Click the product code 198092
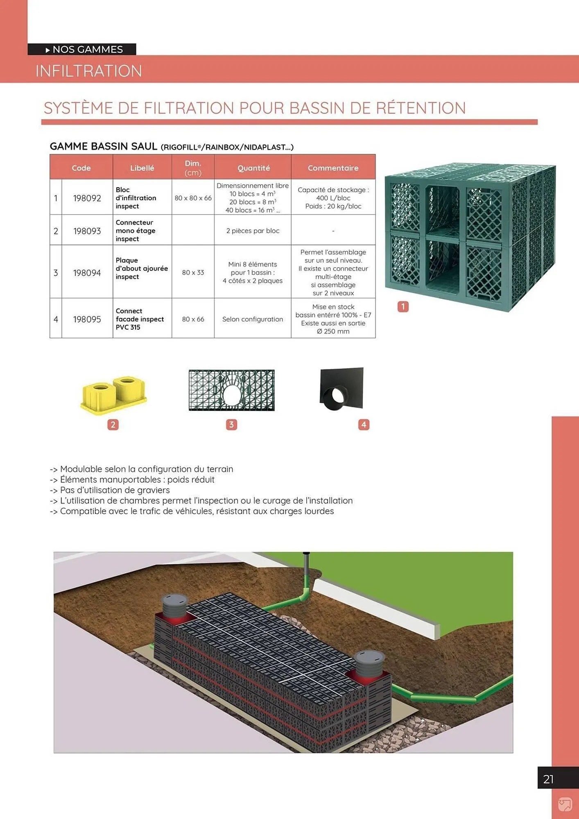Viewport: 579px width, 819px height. (x=87, y=198)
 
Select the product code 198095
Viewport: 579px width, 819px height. (x=87, y=319)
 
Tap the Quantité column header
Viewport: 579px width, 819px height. (x=253, y=168)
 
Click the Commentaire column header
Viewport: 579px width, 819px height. (x=333, y=168)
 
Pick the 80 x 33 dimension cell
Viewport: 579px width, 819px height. (x=193, y=273)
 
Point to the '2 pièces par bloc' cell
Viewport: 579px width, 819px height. (x=253, y=231)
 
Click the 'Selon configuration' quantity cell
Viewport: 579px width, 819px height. (x=253, y=319)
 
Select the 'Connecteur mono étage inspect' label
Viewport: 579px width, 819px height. (x=135, y=231)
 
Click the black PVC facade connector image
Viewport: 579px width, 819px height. (x=341, y=388)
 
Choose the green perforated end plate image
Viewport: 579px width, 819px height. (x=231, y=390)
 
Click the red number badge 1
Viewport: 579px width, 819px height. (x=403, y=307)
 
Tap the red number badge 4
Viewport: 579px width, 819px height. (x=364, y=425)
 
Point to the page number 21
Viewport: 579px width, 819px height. (x=549, y=779)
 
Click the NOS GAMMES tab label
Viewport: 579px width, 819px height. (x=87, y=50)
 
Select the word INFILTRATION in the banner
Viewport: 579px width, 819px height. (x=89, y=71)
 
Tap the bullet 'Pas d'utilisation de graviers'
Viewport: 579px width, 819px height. (x=115, y=490)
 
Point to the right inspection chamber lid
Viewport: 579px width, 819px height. (x=369, y=656)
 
